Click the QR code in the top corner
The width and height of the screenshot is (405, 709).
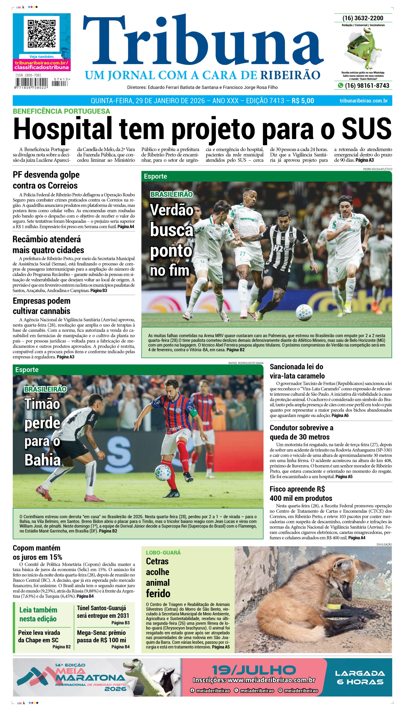coord(41,33)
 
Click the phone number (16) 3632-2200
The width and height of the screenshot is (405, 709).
coord(363,18)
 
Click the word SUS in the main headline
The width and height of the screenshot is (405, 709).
coord(366,128)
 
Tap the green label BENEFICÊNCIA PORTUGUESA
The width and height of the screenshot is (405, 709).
coord(61,111)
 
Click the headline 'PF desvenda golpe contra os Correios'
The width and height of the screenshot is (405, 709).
coord(46,180)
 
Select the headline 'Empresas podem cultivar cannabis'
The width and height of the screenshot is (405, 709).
coord(41,306)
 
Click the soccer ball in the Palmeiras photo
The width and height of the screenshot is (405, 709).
coord(304,312)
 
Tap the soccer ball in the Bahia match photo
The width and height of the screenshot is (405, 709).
coord(163,473)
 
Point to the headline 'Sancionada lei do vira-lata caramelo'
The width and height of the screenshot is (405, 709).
coord(297,371)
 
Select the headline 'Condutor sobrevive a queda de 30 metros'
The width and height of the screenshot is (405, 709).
coord(301,432)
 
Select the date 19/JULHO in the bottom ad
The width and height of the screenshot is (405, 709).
coord(254,670)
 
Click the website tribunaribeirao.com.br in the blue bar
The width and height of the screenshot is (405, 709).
coord(364,101)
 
